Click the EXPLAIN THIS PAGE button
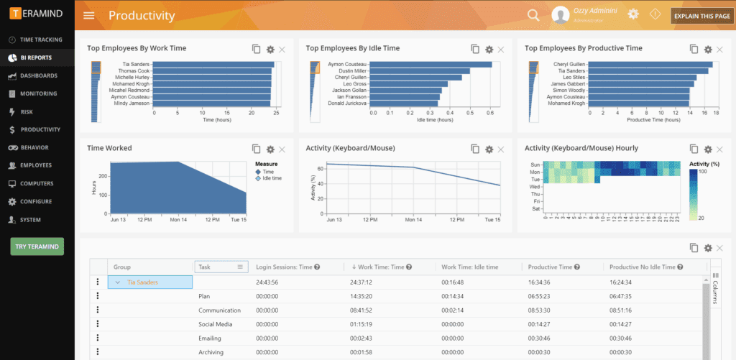pyautogui.click(x=702, y=16)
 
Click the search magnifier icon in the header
pyautogui.click(x=533, y=15)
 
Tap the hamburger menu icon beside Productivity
pyautogui.click(x=89, y=16)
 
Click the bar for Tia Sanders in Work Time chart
pyautogui.click(x=213, y=65)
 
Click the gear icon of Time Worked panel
pyautogui.click(x=270, y=149)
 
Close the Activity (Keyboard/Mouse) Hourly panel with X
pyautogui.click(x=719, y=149)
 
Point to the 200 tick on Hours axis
pyautogui.click(x=101, y=175)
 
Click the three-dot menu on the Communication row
pyautogui.click(x=98, y=310)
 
